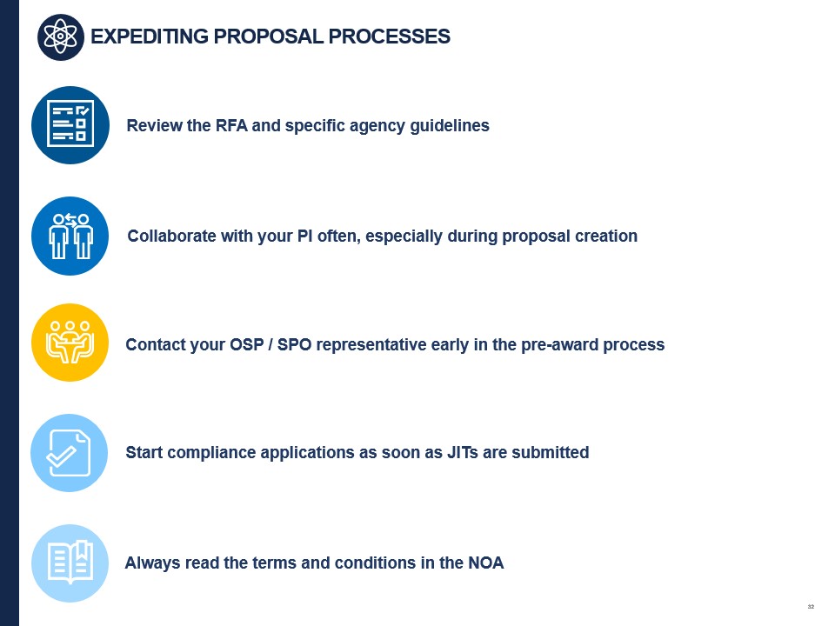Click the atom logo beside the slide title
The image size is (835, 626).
tap(61, 37)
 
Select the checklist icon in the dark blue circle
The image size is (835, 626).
tap(70, 125)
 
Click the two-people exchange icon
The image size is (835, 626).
tap(70, 236)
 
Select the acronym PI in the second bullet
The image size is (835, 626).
tap(304, 236)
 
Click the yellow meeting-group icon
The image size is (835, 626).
tap(70, 343)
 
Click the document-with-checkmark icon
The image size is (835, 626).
tap(70, 453)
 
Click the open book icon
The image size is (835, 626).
tap(70, 563)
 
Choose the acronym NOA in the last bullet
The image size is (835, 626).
tap(485, 563)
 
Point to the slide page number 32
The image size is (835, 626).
tap(811, 607)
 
